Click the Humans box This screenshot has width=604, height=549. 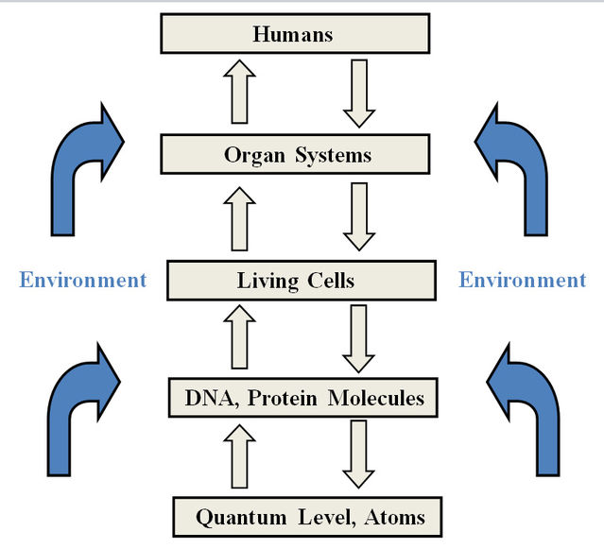(x=295, y=35)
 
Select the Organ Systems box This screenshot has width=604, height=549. (x=295, y=154)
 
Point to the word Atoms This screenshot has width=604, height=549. (x=394, y=517)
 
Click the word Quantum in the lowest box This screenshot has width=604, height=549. (x=233, y=517)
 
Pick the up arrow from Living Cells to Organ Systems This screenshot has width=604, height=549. (x=242, y=218)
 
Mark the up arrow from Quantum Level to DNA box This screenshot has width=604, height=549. (x=242, y=456)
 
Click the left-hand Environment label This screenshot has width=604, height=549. (x=83, y=280)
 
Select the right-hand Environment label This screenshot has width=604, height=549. (x=522, y=280)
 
